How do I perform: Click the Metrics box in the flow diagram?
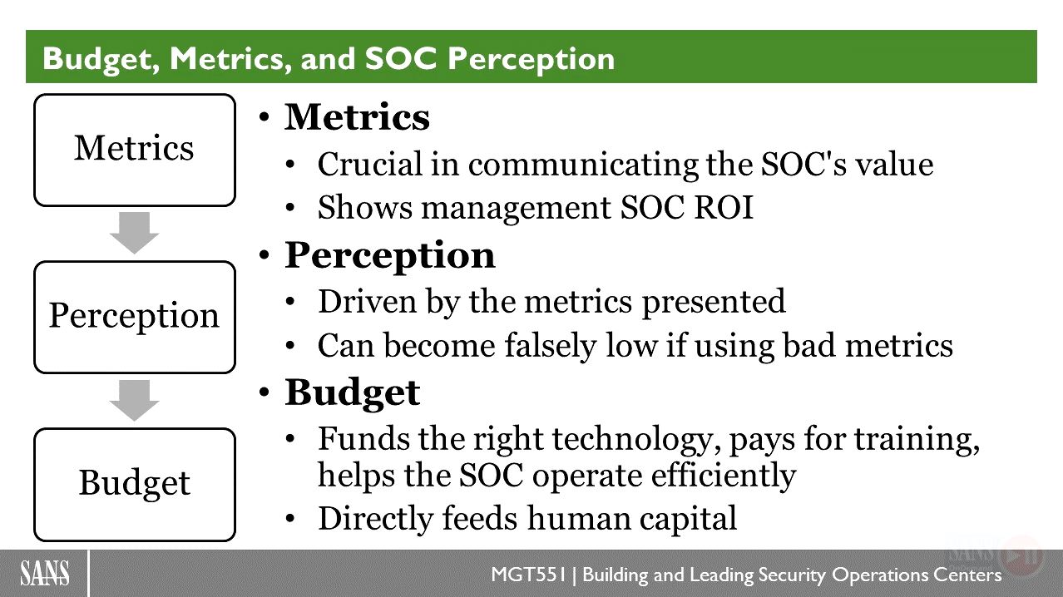pyautogui.click(x=135, y=150)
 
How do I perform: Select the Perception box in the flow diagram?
pyautogui.click(x=135, y=317)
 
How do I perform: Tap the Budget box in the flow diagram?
pyautogui.click(x=135, y=485)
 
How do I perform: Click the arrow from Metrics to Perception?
pyautogui.click(x=134, y=233)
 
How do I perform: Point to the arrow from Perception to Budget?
pyautogui.click(x=134, y=401)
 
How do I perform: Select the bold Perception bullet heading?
pyautogui.click(x=389, y=256)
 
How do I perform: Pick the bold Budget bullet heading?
pyautogui.click(x=352, y=394)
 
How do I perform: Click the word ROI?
pyautogui.click(x=724, y=207)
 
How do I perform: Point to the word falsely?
pyautogui.click(x=550, y=346)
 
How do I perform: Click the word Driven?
pyautogui.click(x=368, y=301)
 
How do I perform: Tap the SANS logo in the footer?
pyautogui.click(x=45, y=573)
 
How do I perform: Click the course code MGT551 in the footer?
pyautogui.click(x=529, y=575)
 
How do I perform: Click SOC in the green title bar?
pyautogui.click(x=401, y=58)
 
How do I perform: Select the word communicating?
pyautogui.click(x=583, y=165)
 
